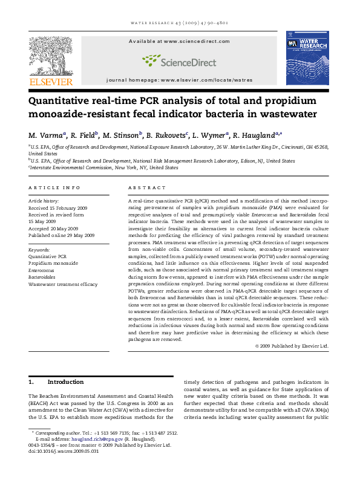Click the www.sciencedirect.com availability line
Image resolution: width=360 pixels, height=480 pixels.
pyautogui.click(x=179, y=41)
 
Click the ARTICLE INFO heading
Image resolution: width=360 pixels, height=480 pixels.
pyautogui.click(x=54, y=188)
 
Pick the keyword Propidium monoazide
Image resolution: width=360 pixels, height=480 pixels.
pyautogui.click(x=53, y=264)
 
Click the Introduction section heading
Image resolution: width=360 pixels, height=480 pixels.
pyautogui.click(x=65, y=382)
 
